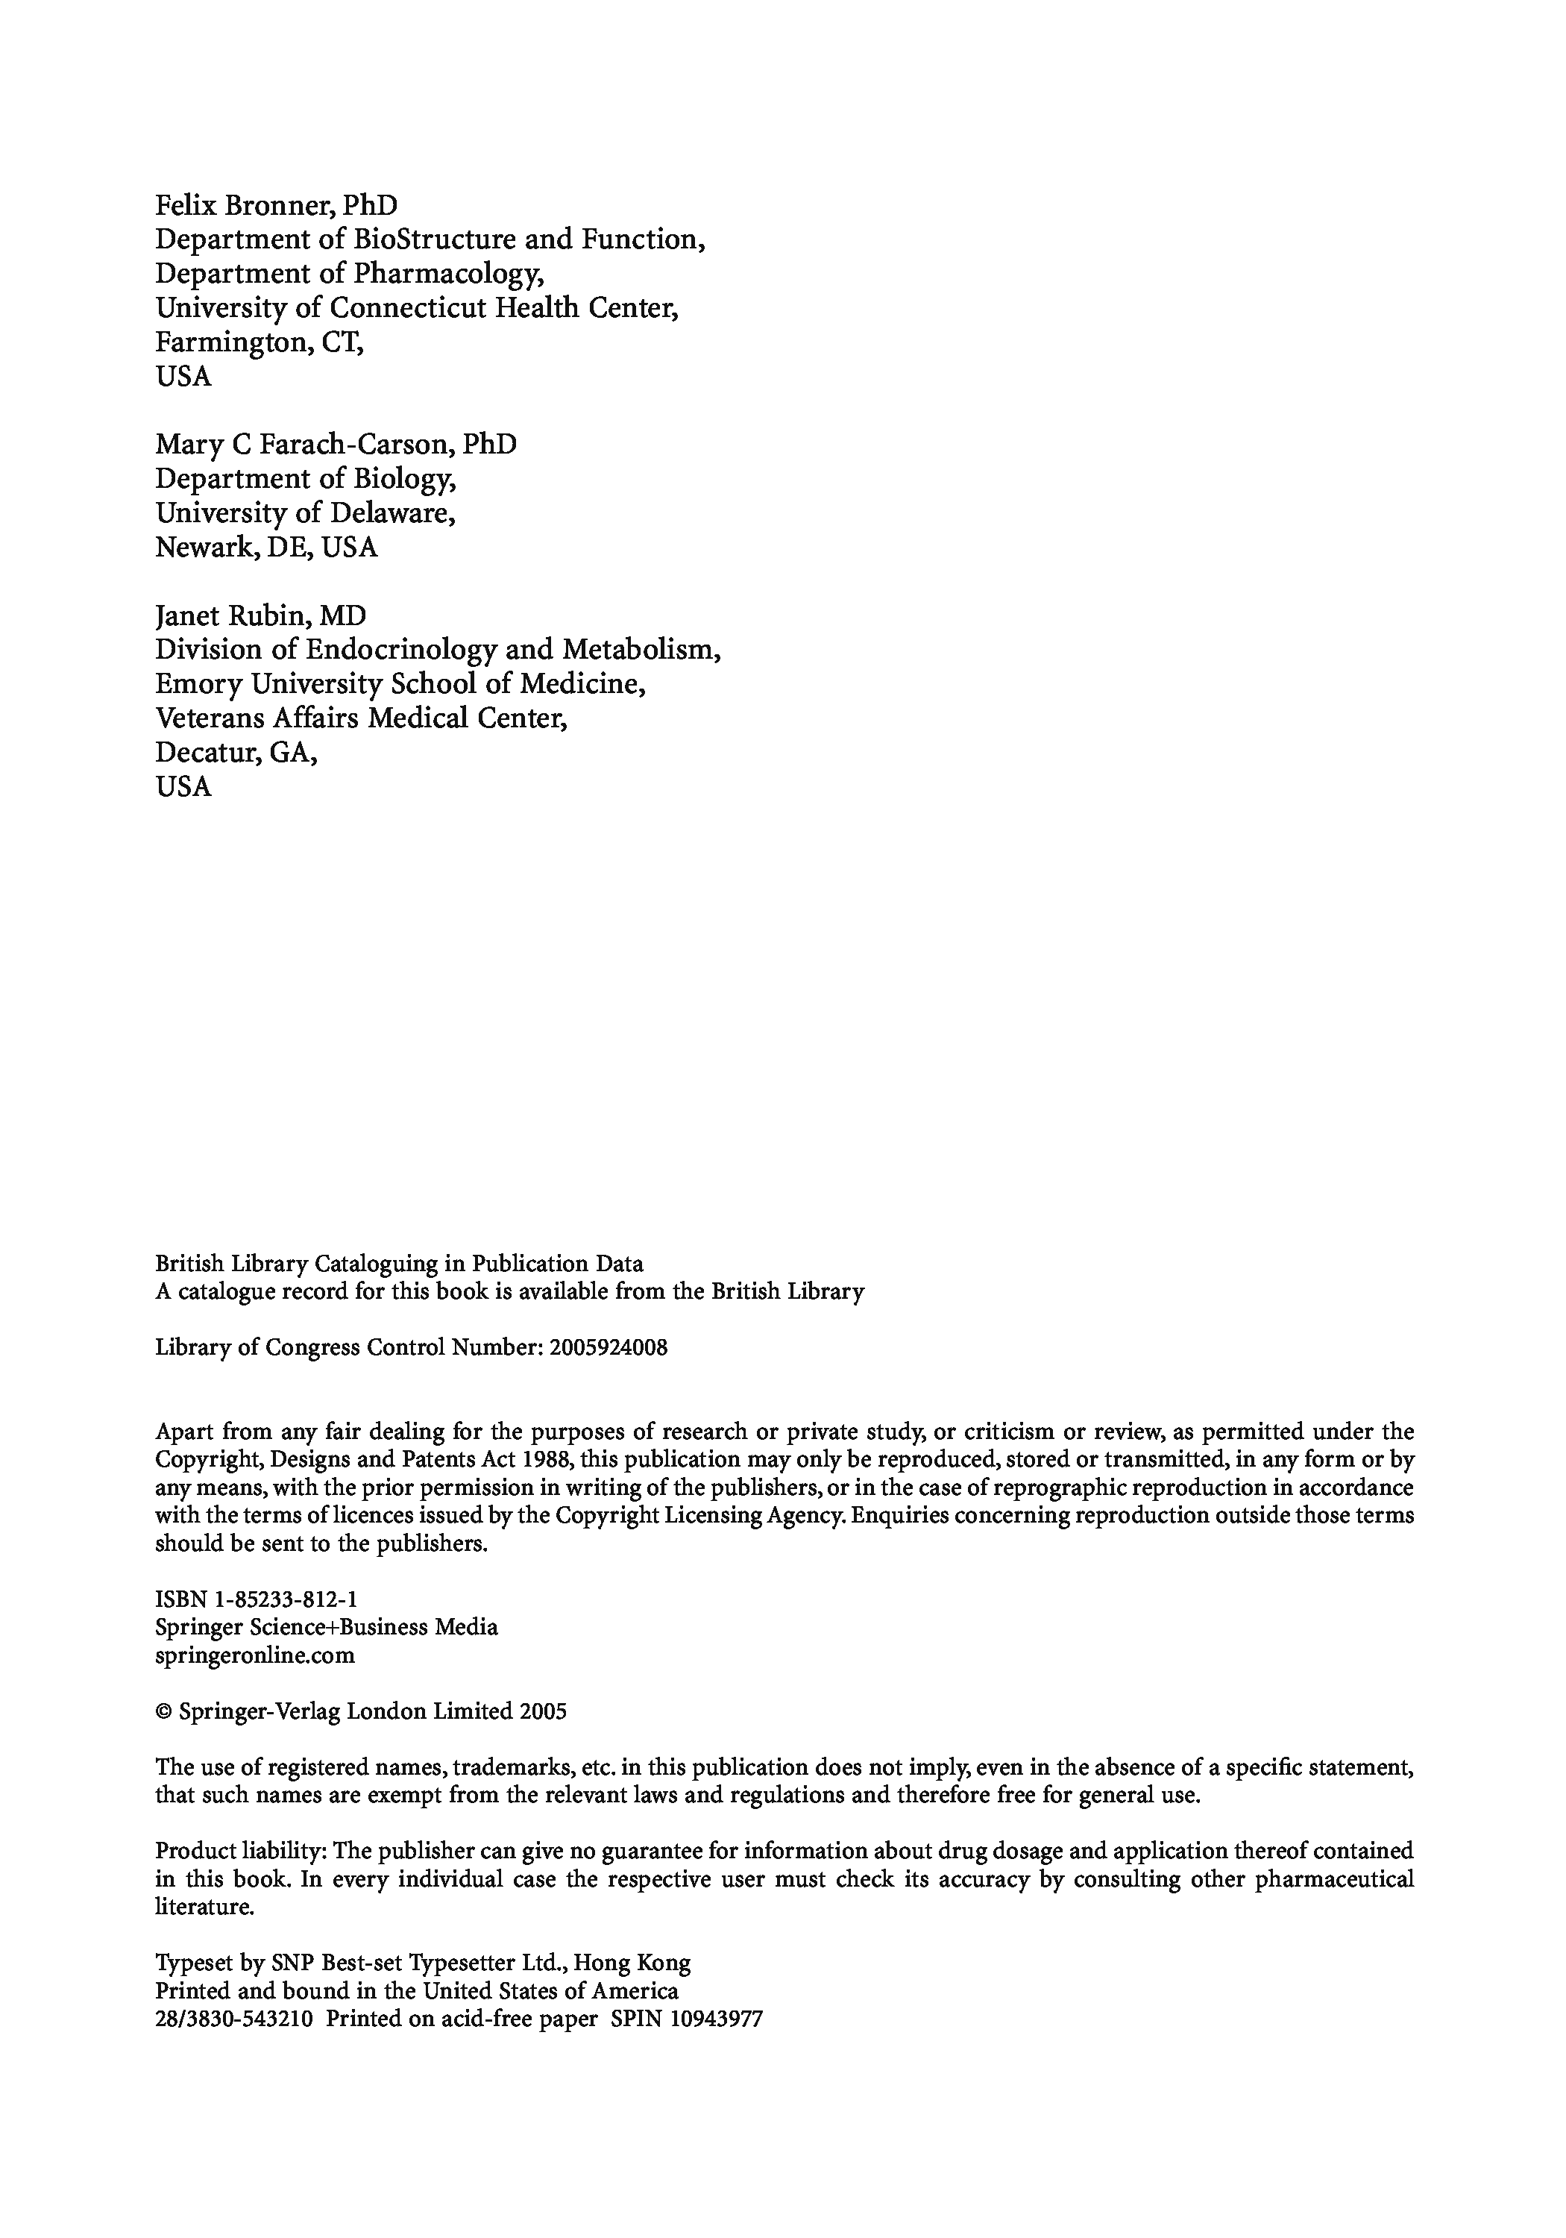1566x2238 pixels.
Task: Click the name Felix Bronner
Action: point(245,206)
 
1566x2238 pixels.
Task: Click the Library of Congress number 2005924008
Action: point(608,1348)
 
